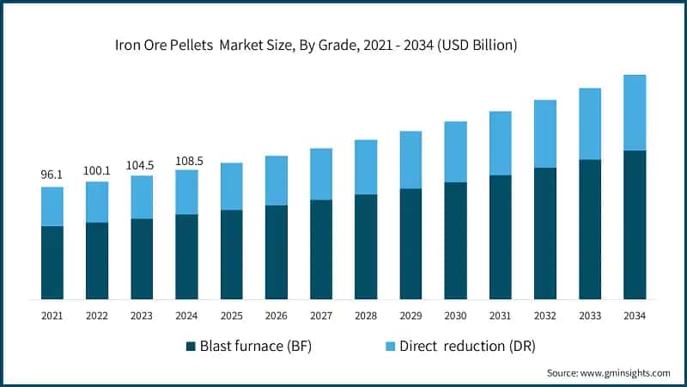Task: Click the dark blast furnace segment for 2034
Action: (x=635, y=224)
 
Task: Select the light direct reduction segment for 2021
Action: (x=52, y=206)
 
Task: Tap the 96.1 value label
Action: (x=52, y=175)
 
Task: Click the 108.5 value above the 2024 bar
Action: (x=186, y=160)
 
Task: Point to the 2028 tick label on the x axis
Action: (x=365, y=316)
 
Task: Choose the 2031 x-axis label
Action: (x=500, y=316)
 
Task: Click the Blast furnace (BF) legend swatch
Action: (x=191, y=347)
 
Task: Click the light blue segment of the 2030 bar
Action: (x=455, y=151)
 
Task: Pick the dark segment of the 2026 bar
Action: (x=276, y=252)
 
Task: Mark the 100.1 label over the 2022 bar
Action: (x=97, y=170)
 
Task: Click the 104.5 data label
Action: (x=142, y=165)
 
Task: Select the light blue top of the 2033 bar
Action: (x=590, y=124)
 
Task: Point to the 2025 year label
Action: (x=231, y=316)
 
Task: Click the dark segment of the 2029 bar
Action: (x=410, y=243)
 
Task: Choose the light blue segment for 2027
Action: (x=321, y=174)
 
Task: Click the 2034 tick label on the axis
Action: (x=635, y=316)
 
